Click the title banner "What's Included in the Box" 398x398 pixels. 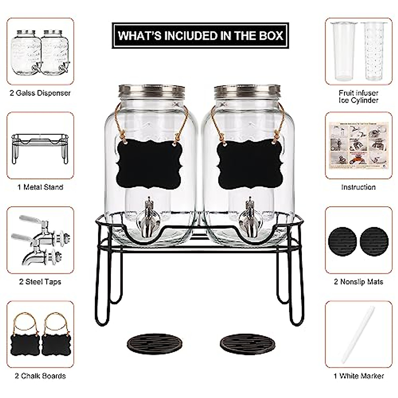[200, 35]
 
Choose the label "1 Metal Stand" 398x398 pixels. [40, 187]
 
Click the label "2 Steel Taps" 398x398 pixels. [40, 282]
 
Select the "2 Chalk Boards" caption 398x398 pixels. [40, 376]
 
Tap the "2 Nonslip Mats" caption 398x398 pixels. [358, 282]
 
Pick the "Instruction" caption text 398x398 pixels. [358, 187]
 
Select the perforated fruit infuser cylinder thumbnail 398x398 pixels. [371, 51]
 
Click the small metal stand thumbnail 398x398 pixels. [40, 148]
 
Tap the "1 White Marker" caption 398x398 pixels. [358, 376]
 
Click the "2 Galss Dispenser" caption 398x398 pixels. [40, 93]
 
